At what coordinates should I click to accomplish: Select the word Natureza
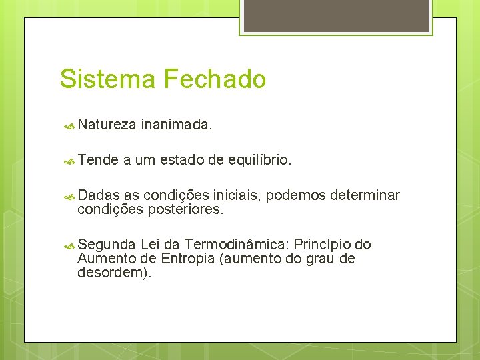tap(107, 123)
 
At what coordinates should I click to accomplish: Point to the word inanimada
tap(177, 123)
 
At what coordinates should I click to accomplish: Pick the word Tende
tap(98, 159)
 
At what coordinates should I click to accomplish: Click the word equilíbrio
tap(259, 159)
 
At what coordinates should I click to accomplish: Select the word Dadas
tap(99, 195)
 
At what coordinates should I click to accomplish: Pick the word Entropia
tap(186, 259)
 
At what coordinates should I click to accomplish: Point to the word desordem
tap(111, 273)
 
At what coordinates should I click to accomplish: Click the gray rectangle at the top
tap(335, 15)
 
